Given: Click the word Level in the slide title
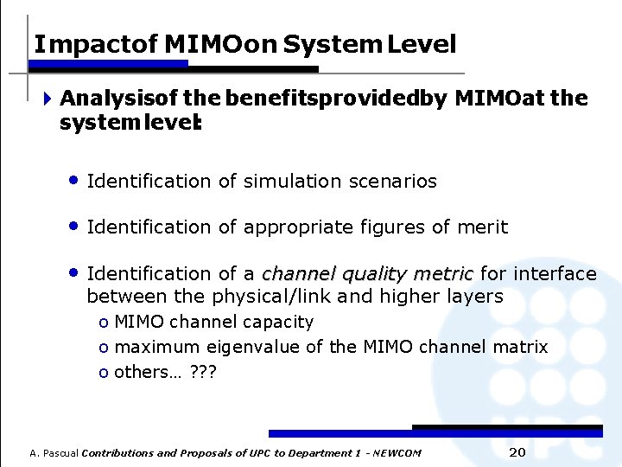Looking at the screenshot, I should coord(422,45).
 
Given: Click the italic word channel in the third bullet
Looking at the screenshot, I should coord(299,274).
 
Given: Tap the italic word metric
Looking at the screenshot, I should coord(443,274).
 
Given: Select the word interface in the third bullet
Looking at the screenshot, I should coord(554,274).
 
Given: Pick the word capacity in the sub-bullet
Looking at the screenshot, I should coord(279,323).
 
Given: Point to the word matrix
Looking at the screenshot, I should coord(520,348).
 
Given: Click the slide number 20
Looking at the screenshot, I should coord(517,453).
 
